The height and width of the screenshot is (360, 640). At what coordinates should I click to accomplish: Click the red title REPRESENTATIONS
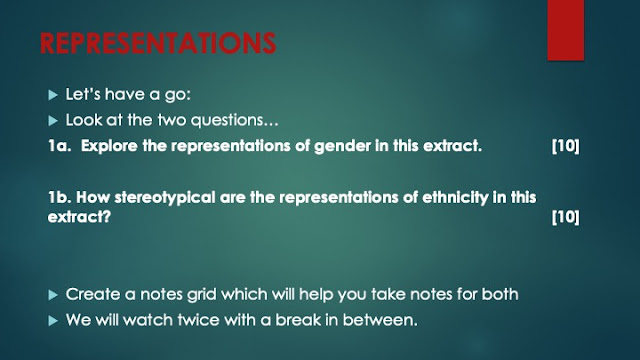click(x=158, y=43)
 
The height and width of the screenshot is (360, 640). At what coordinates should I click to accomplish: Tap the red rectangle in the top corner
click(x=566, y=30)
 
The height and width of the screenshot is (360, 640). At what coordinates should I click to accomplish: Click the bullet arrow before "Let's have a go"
click(x=53, y=95)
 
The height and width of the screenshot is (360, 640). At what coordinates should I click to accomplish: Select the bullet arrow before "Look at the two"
click(x=53, y=121)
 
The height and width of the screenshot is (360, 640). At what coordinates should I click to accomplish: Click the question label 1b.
click(x=60, y=198)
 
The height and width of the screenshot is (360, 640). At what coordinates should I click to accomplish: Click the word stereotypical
click(x=164, y=198)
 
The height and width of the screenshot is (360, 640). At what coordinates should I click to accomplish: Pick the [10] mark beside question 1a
click(x=565, y=146)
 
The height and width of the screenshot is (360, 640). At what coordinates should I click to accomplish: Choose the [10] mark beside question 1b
click(x=565, y=217)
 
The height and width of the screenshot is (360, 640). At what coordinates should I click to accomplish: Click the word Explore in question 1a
click(x=109, y=147)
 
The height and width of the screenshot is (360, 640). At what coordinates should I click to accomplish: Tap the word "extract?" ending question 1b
click(x=79, y=217)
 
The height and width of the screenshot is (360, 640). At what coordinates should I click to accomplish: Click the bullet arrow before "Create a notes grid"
click(x=53, y=295)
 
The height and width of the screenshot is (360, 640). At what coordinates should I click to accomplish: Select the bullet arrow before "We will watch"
click(x=53, y=321)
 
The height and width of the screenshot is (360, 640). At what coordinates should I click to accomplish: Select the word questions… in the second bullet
click(x=234, y=121)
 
